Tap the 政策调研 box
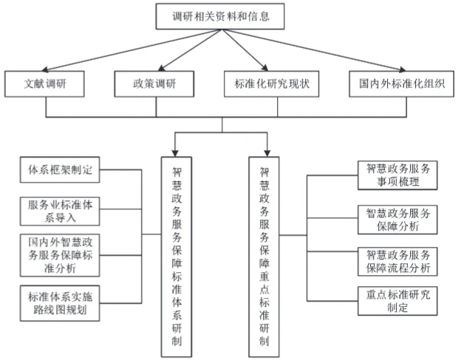(155, 83)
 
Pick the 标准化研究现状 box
(271, 83)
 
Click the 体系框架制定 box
(58, 170)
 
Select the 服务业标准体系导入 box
(58, 210)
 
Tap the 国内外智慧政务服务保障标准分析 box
(58, 254)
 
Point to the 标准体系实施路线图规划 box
(58, 303)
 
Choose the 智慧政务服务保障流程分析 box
(397, 261)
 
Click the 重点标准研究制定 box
(397, 302)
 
